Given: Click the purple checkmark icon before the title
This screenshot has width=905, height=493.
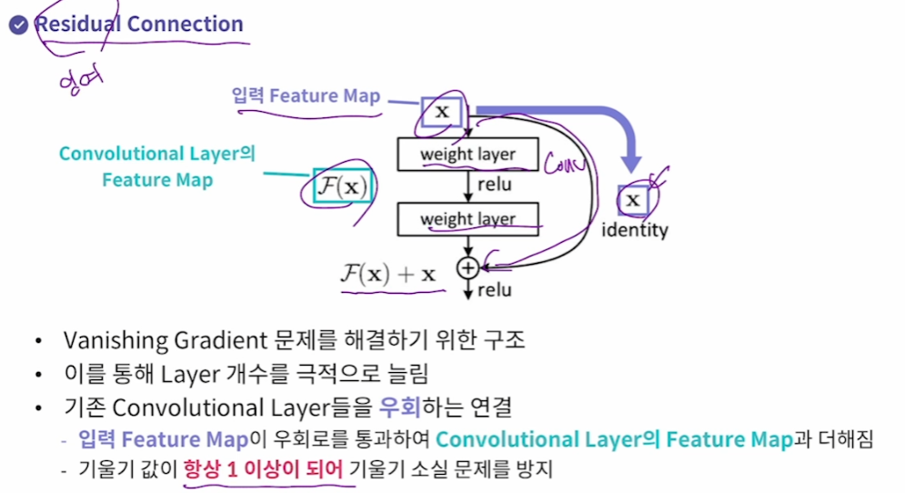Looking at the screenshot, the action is click(18, 25).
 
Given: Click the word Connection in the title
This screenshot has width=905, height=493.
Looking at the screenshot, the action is click(186, 24).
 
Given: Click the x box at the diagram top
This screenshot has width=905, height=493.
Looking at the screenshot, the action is click(442, 112).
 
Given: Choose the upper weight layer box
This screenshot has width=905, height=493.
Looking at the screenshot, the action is click(468, 155).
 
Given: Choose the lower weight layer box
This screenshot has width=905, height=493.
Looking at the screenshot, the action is click(468, 219).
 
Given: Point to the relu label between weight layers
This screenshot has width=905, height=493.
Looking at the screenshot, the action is click(494, 186).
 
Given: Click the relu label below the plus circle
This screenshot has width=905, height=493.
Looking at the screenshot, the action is click(494, 290).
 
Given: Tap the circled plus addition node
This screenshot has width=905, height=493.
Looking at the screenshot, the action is click(467, 267).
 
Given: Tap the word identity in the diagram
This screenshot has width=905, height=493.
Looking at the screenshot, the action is click(634, 230).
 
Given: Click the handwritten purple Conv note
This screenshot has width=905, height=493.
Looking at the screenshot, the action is click(563, 165).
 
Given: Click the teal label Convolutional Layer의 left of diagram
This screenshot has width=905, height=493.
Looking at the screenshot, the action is click(156, 154).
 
